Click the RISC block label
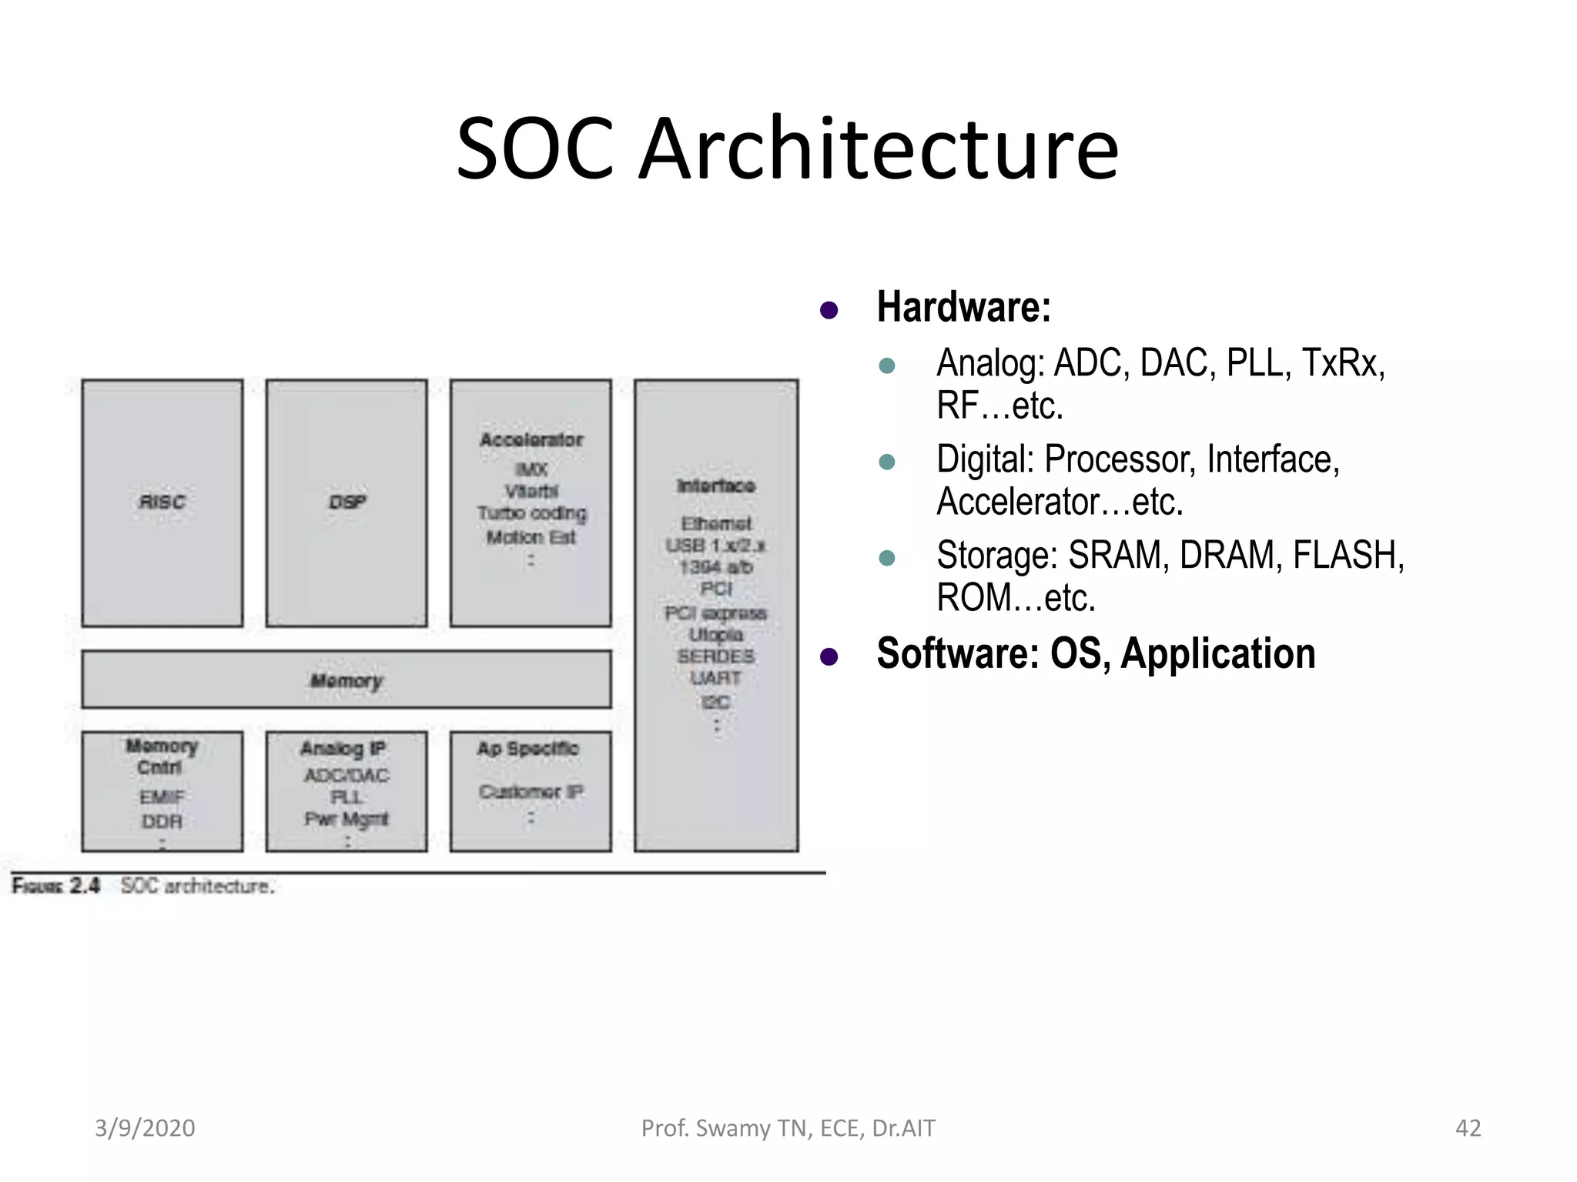162,502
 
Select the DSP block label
347,502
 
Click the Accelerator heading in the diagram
531,439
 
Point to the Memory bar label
347,680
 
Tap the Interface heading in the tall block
716,486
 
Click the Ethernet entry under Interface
716,523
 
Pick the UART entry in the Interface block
716,678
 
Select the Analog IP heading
343,748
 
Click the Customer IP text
531,791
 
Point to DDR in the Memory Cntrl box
162,821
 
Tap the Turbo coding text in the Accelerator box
531,513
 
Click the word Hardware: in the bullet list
963,307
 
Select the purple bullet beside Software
829,656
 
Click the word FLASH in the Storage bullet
1348,555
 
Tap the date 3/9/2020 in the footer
145,1128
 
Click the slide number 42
1468,1128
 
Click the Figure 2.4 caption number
85,886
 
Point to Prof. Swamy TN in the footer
726,1128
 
